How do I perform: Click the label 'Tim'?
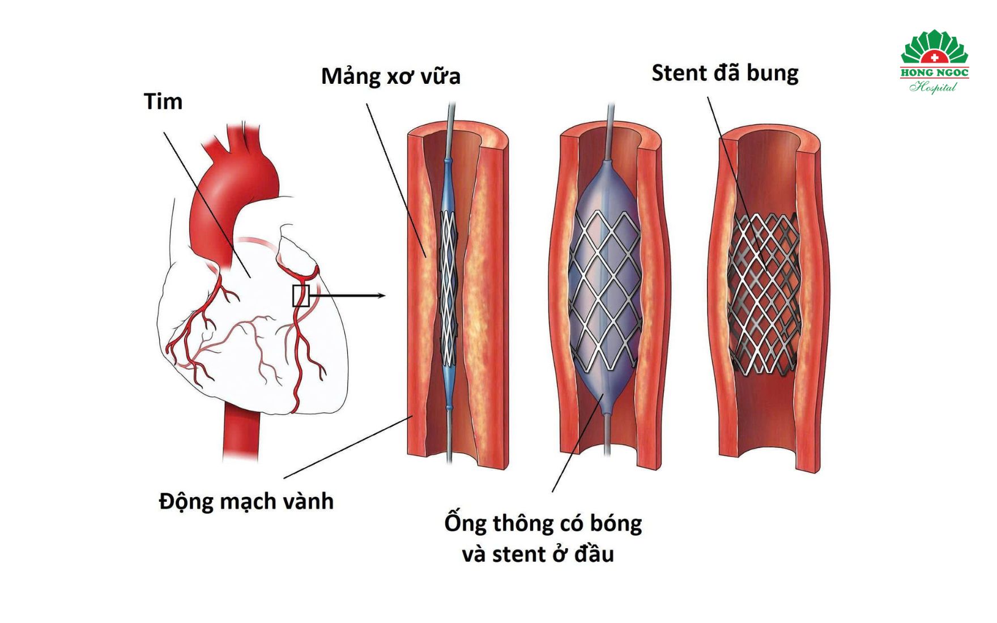pos(163,102)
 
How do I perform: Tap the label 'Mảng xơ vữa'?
pos(390,76)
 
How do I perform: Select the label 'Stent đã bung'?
pos(725,73)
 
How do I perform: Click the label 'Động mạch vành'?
pos(246,501)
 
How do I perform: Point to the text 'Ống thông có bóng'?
pos(543,523)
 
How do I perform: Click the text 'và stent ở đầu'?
pos(538,554)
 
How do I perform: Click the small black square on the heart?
pos(301,296)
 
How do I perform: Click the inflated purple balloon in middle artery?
pos(605,283)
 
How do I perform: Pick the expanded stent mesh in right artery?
pos(764,295)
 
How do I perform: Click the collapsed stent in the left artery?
pos(449,289)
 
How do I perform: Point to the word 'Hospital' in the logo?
pos(934,87)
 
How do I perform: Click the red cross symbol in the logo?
pos(934,57)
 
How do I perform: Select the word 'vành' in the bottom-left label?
pos(311,501)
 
